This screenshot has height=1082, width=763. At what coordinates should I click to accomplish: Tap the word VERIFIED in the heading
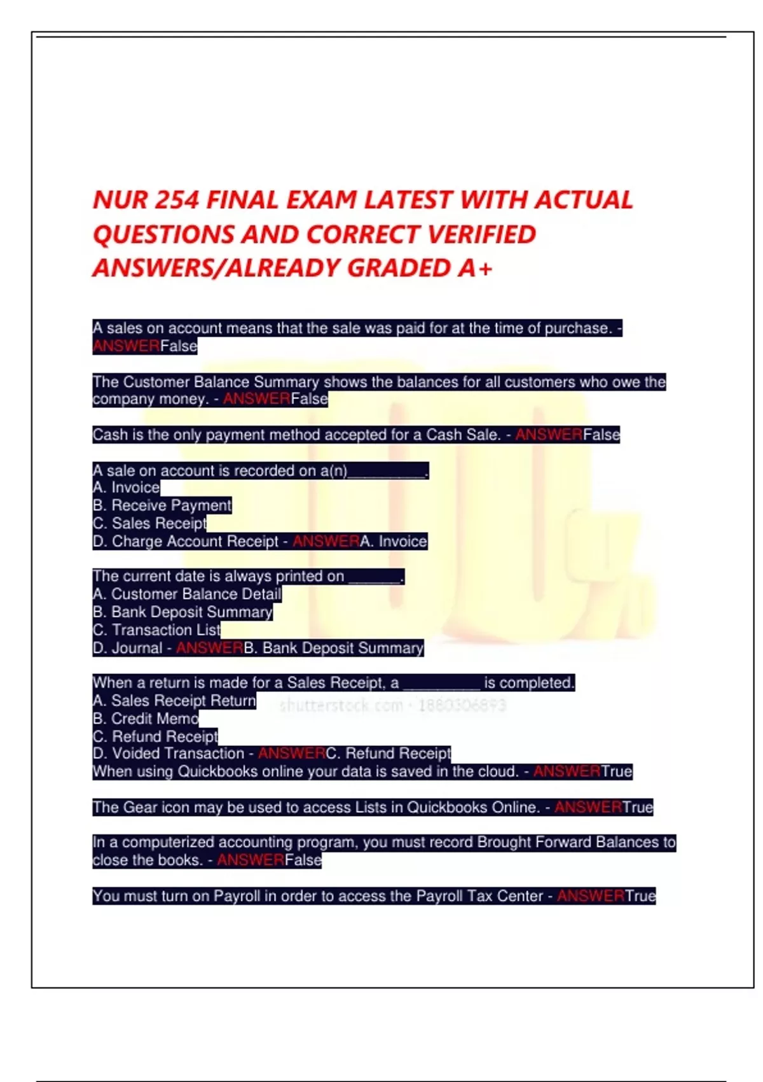481,235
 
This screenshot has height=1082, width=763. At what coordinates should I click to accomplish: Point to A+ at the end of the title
474,269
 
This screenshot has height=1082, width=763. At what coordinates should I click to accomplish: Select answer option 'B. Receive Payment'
162,505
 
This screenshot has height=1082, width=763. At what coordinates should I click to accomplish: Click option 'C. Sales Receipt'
150,523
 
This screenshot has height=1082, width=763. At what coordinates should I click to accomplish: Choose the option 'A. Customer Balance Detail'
187,594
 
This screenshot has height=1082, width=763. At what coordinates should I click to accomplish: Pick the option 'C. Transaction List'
157,630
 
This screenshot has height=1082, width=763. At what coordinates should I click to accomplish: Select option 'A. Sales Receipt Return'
174,701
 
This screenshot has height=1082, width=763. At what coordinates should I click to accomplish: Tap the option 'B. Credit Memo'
146,719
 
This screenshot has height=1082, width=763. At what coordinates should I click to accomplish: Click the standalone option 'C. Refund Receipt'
155,736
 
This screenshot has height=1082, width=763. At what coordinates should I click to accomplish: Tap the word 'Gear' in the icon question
140,807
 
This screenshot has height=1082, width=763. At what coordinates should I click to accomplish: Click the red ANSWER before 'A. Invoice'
326,542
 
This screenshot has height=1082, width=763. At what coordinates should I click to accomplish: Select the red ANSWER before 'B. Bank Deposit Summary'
210,648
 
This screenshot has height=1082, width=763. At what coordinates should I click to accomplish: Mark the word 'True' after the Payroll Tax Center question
640,896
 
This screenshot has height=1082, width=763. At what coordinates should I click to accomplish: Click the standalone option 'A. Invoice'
127,488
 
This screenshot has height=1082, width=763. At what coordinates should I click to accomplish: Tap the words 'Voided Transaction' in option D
178,754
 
